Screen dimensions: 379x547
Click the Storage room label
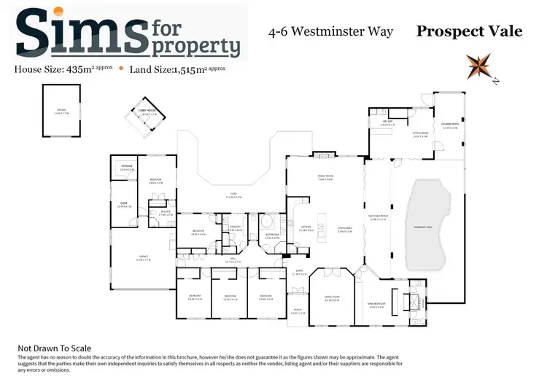click(127, 168)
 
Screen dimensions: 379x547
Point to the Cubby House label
click(150, 113)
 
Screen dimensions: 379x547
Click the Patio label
click(233, 195)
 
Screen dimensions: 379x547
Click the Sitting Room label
click(420, 135)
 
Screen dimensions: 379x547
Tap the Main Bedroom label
click(376, 306)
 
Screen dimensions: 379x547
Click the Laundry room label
click(236, 228)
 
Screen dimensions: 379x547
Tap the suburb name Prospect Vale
click(469, 31)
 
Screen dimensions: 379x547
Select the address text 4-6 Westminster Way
click(331, 31)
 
